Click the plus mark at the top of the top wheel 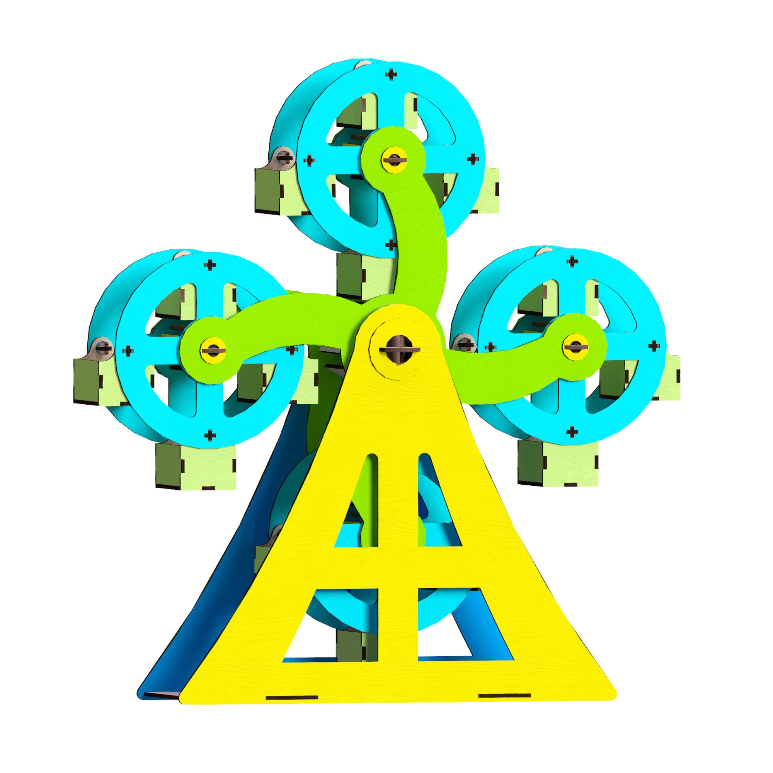click(392, 74)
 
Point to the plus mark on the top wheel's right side click(473, 159)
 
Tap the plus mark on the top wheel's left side click(309, 161)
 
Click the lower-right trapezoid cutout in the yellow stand click(446, 623)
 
